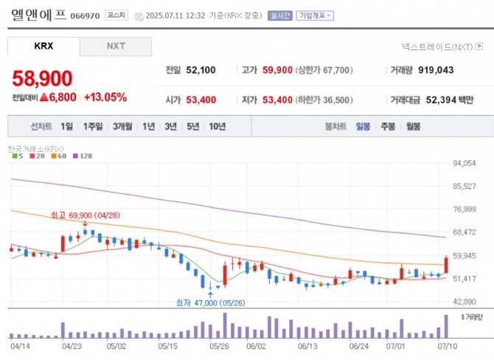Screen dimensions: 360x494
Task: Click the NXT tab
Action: coord(116,46)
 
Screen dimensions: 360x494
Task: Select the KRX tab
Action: coord(44,46)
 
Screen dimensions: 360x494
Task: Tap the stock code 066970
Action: coord(86,15)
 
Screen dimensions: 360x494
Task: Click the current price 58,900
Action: coord(42,78)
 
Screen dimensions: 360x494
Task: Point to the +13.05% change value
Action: coord(105,97)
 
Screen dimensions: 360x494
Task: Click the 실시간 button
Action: coord(280,15)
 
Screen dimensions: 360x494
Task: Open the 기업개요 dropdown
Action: coord(315,15)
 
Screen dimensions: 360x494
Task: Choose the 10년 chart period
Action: coord(217,126)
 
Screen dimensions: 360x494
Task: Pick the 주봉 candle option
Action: coord(388,126)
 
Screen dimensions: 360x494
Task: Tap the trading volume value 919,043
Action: coord(433,70)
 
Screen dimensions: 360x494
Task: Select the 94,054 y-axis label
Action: coord(466,163)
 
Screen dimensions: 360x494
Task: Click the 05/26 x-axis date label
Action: coord(218,345)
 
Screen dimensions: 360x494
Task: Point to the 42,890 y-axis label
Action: coord(466,302)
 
